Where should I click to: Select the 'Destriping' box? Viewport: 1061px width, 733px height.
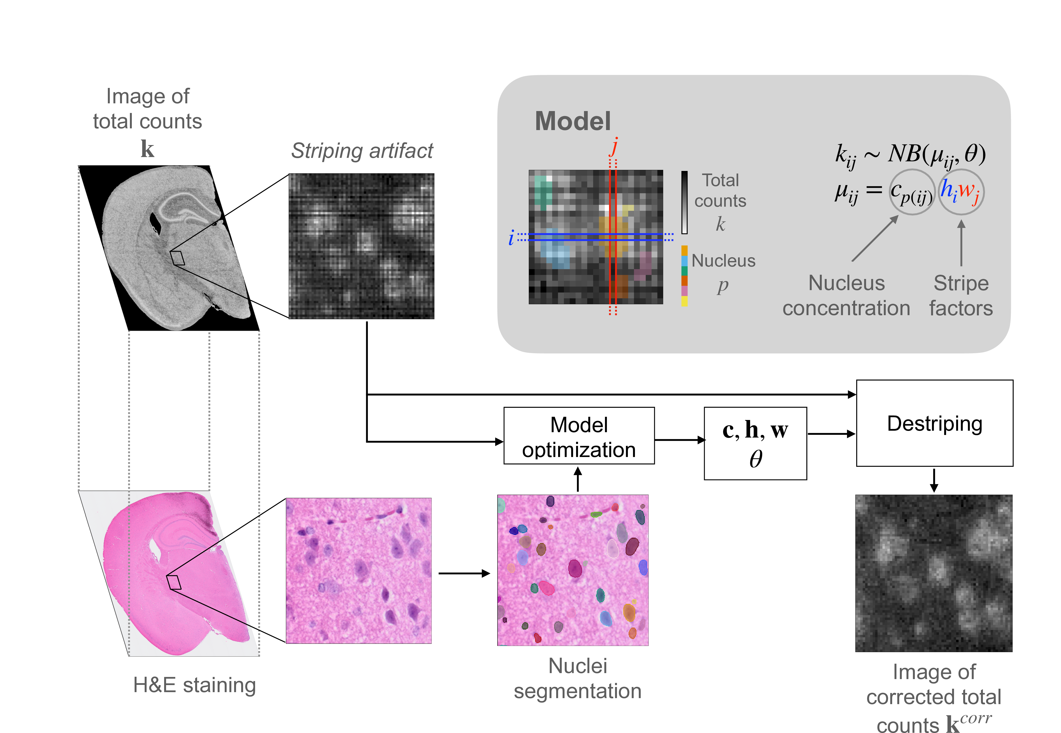tap(935, 423)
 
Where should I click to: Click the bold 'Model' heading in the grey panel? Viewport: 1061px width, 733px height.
tap(573, 121)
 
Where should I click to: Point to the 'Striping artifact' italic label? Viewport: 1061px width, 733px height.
tap(362, 151)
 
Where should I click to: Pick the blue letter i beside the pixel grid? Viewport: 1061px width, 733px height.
tap(511, 237)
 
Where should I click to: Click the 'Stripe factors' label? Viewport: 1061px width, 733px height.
tap(961, 295)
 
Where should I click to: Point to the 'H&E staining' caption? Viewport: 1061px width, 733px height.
tap(194, 685)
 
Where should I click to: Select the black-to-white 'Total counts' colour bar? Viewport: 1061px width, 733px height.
tap(684, 203)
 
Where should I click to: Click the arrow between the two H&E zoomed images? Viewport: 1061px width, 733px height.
tap(464, 573)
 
